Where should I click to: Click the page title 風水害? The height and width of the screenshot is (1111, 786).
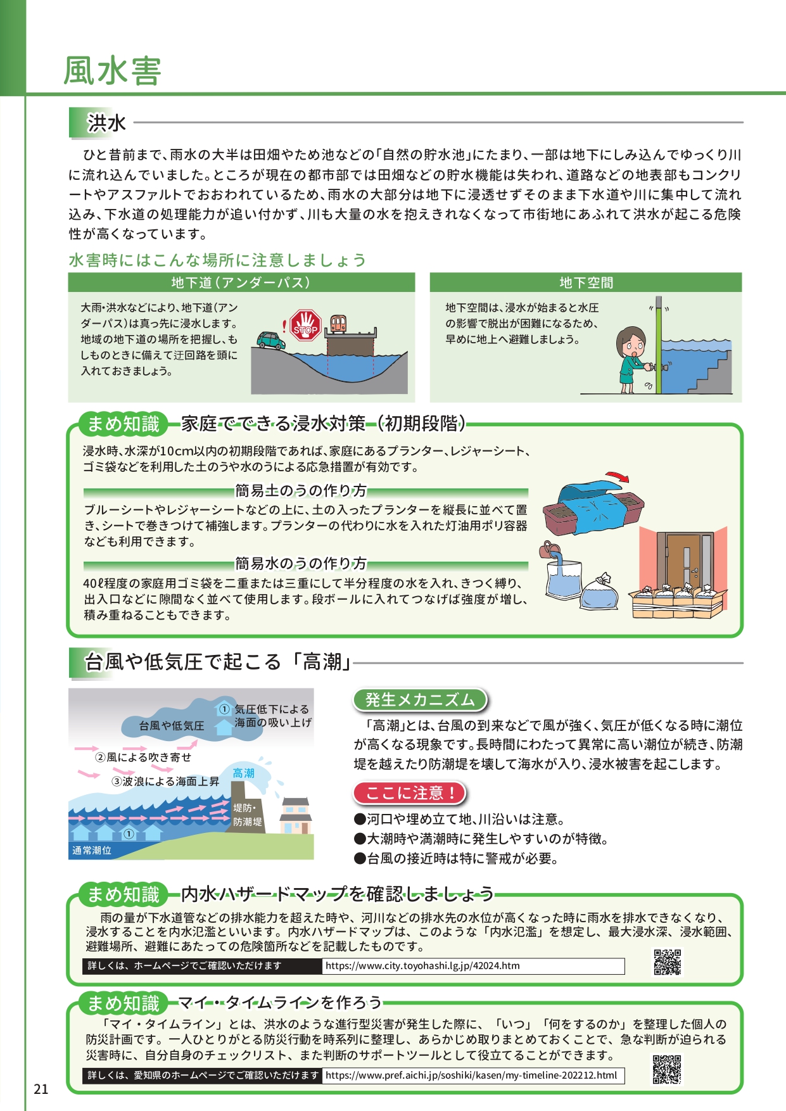coord(112,70)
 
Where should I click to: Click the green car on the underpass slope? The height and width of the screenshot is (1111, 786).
coord(271,340)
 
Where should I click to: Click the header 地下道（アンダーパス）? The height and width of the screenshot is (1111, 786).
coord(241,283)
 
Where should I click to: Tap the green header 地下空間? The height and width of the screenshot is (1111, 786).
coord(586,283)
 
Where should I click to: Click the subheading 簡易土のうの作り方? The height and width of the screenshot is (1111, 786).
coord(301,491)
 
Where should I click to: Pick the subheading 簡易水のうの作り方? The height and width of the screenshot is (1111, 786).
coord(301,563)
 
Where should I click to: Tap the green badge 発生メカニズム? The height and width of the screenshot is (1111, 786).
coord(420,700)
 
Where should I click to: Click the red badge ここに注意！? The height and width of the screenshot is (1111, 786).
coord(410,793)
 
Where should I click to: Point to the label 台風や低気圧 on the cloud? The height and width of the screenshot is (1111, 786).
coord(172,726)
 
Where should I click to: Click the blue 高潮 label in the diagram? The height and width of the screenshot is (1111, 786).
coord(243,773)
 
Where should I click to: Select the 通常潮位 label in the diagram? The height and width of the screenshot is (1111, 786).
coord(92,851)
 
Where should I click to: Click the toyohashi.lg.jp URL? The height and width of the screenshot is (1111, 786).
coord(422,966)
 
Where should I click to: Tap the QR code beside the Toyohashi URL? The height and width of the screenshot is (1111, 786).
coord(667,962)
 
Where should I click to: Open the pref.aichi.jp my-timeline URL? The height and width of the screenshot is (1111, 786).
coord(471,1076)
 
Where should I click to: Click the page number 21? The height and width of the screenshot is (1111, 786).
coord(41,1089)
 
